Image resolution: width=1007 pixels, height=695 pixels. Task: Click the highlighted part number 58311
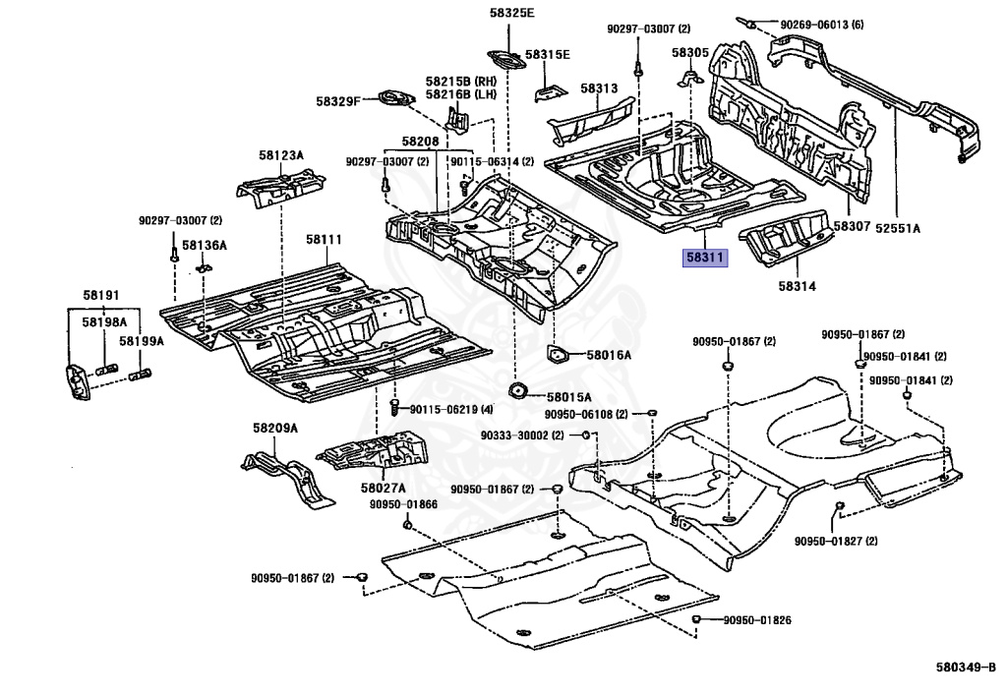point(704,260)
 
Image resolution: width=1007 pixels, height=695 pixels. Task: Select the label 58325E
point(510,13)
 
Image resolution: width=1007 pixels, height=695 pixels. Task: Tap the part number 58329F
point(339,101)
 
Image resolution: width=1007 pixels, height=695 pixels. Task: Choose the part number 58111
point(324,239)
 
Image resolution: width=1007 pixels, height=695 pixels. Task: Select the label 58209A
point(274,429)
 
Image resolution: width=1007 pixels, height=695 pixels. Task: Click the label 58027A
point(383,488)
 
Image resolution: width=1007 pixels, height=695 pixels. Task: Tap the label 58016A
point(610,355)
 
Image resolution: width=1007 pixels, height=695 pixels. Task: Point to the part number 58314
point(798,286)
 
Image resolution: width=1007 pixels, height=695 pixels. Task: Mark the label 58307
point(852,226)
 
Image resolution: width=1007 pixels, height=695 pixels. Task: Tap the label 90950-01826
point(757,620)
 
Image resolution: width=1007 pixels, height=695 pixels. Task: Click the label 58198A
point(108,321)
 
